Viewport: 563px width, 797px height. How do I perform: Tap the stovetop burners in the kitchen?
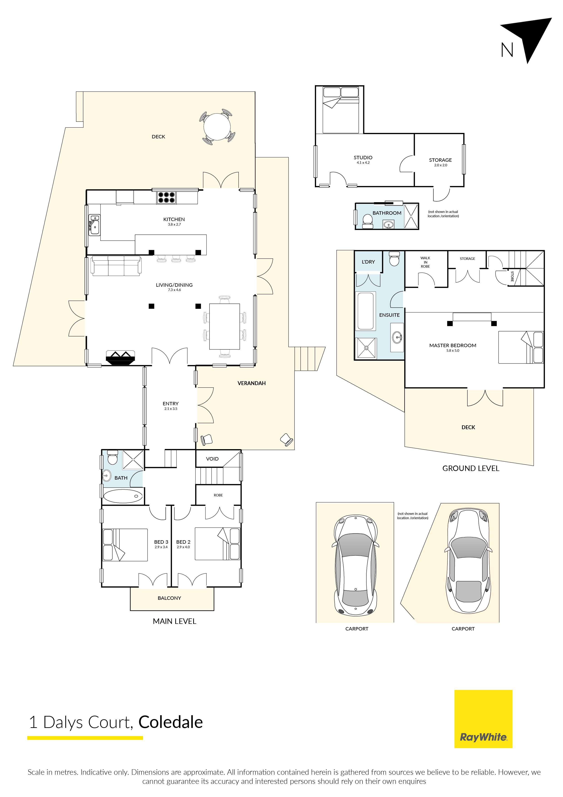pos(166,197)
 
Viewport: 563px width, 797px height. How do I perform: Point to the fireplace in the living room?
pos(120,358)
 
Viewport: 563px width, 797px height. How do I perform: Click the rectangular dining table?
pos(225,327)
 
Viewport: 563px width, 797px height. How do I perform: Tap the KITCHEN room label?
pos(174,219)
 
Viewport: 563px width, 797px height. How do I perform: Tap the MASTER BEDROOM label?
pos(453,345)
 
